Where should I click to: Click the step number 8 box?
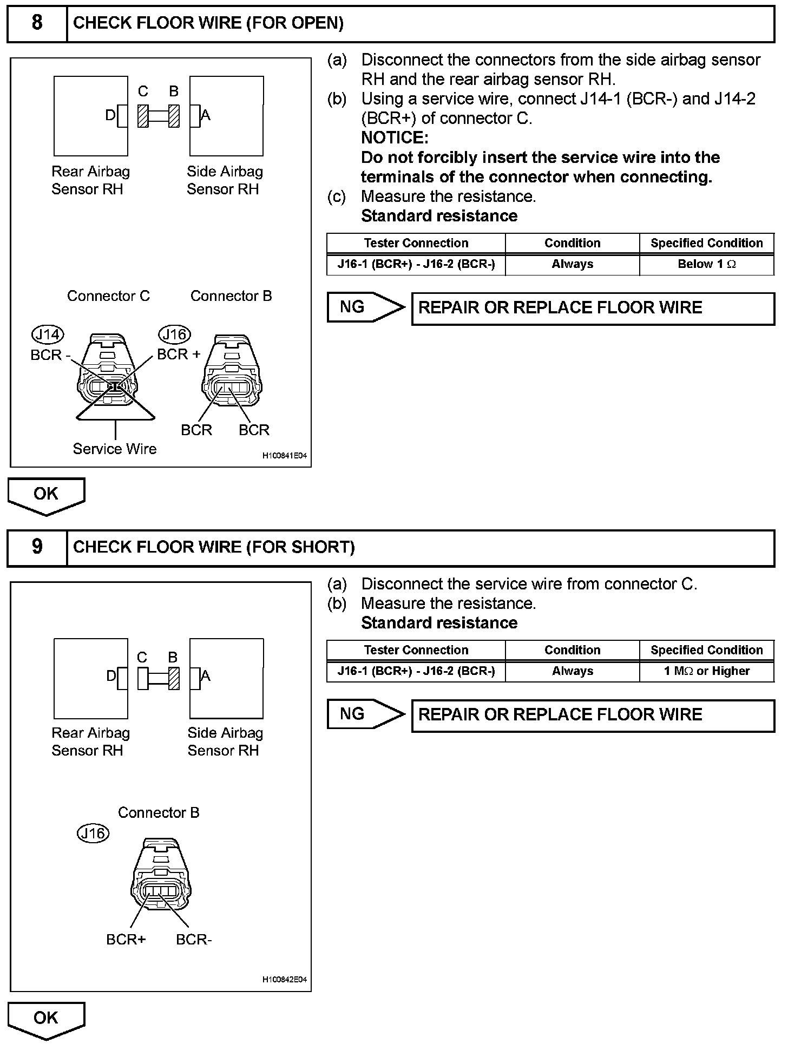(37, 23)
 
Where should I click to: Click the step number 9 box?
(37, 547)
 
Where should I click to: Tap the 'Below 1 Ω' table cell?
(706, 265)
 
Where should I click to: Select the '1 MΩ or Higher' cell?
(706, 672)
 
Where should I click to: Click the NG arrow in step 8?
(365, 307)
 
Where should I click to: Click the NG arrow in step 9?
(365, 714)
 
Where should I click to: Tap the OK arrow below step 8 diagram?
(46, 495)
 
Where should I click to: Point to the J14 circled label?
(48, 335)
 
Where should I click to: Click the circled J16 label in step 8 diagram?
(174, 335)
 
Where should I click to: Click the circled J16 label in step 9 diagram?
(93, 834)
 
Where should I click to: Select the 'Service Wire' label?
(115, 449)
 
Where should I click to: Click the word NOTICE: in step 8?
(395, 138)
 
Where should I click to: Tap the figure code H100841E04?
(285, 456)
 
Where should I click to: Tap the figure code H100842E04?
(285, 980)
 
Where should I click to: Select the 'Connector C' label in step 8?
(108, 296)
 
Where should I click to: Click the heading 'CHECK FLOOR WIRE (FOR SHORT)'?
(214, 547)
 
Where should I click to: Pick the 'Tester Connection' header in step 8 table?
(416, 244)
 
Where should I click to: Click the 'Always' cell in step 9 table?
(572, 672)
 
